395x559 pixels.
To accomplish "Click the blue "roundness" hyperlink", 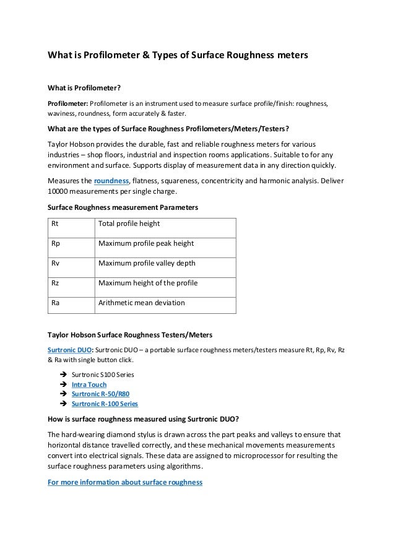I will click(111, 181).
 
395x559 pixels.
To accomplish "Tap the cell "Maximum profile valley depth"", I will click(147, 263).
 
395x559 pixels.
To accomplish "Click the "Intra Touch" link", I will click(89, 384).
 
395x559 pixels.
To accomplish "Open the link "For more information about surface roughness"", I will click(125, 482).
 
